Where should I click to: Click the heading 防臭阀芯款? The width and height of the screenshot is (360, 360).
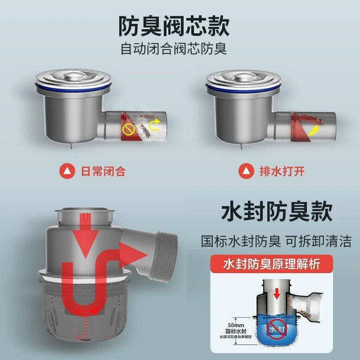pyautogui.click(x=174, y=26)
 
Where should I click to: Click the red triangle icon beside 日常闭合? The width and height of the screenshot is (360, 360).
pyautogui.click(x=67, y=171)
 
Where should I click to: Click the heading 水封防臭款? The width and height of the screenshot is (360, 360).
pyautogui.click(x=277, y=211)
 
